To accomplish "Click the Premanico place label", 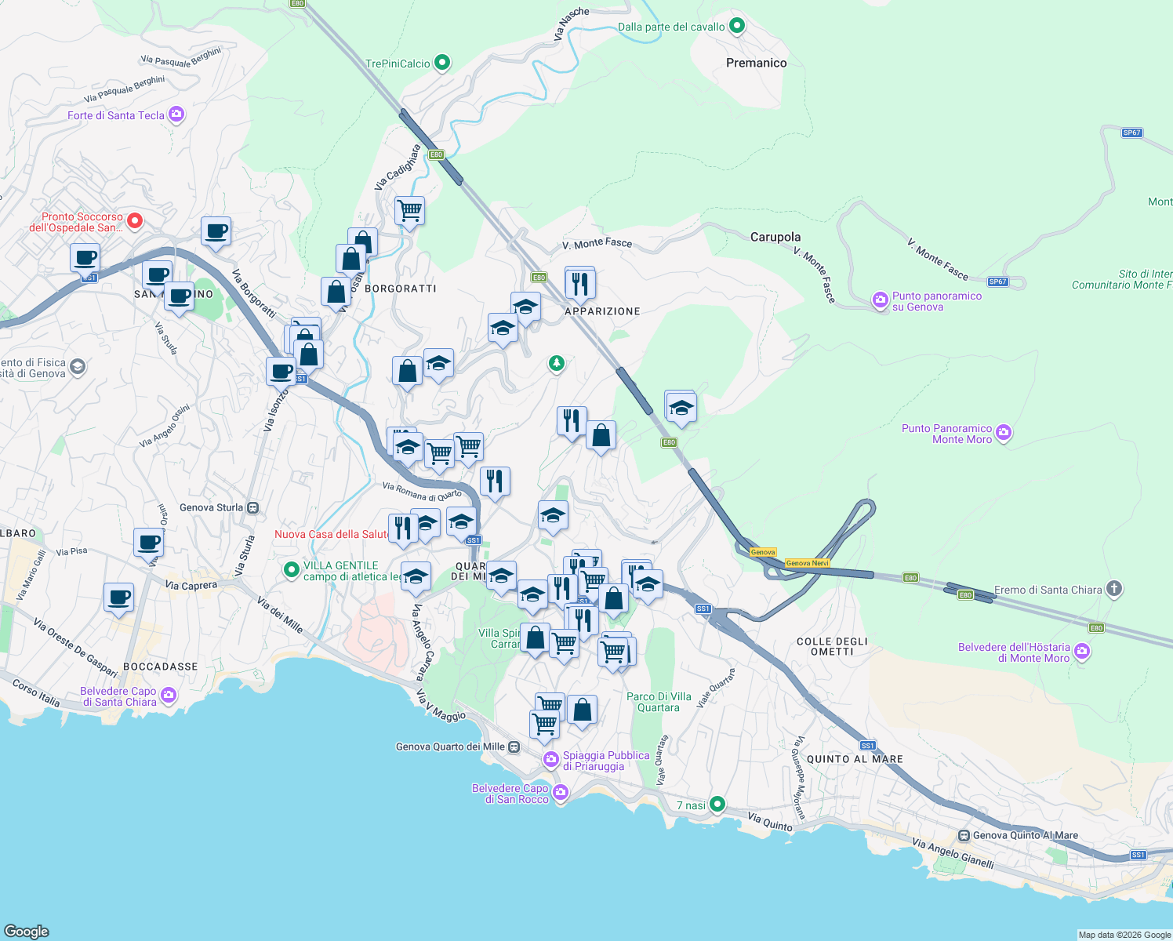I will pos(756,63).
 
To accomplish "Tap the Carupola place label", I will pos(775,237).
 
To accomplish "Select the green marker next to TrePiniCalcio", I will pos(442,63).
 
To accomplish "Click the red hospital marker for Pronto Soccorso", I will pos(134,221).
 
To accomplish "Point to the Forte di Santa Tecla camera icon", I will pos(176,115).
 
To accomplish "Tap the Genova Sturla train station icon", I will pos(252,508).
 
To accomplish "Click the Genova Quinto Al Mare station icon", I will pos(964,836).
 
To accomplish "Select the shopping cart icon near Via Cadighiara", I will pos(409,210).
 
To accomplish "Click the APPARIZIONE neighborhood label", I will pos(602,311).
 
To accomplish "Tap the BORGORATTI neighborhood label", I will pos(401,289).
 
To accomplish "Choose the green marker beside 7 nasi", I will pos(717,805).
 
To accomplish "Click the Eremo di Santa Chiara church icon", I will pos(1113,589).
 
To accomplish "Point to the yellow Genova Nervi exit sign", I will pos(807,563).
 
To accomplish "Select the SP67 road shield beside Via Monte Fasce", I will pos(997,282).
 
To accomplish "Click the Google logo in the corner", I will pos(26,931).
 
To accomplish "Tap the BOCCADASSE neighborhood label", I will pos(160,667).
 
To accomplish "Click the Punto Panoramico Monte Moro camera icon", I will pos(1004,433).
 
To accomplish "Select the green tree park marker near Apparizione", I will pos(556,363).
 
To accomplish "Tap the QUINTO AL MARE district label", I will pos(855,759).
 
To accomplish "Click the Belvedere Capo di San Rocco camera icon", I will pos(560,793).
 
